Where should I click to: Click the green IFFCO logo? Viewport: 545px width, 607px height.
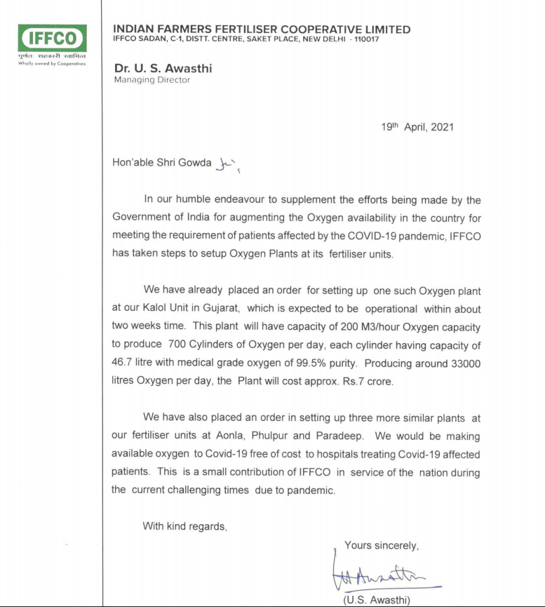(52, 38)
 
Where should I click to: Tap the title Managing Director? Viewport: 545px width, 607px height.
(152, 80)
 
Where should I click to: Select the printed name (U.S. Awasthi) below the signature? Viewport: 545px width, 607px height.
(377, 599)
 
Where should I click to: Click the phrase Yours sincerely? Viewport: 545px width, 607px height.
(382, 545)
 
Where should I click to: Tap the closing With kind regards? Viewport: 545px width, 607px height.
(184, 526)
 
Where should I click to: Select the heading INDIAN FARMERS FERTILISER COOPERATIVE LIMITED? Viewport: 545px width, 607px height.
(262, 29)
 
